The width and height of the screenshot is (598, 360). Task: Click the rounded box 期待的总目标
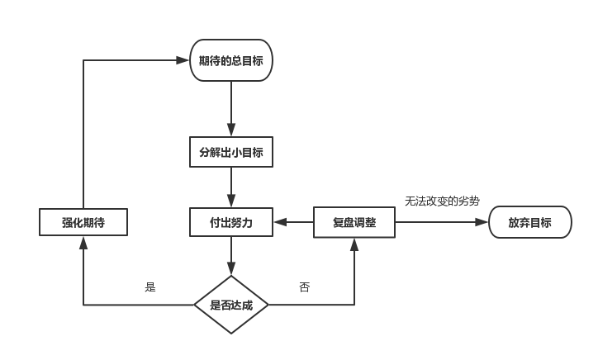click(x=231, y=60)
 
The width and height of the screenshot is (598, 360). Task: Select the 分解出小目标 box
click(x=231, y=152)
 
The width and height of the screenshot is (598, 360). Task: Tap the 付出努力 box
click(x=231, y=223)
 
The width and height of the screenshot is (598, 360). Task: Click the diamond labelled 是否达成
click(x=231, y=305)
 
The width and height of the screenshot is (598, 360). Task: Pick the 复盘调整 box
click(x=354, y=223)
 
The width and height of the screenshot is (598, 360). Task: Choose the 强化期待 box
click(x=83, y=223)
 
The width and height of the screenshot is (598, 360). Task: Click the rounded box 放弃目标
click(x=529, y=223)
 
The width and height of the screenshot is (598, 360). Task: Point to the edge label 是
click(x=150, y=287)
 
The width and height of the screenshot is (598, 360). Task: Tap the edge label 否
click(x=305, y=287)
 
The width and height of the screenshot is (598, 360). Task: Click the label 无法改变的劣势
click(x=442, y=201)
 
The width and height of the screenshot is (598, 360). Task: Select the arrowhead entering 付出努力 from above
click(x=231, y=201)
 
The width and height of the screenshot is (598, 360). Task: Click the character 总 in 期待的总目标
click(x=236, y=60)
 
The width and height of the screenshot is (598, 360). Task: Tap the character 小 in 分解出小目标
click(x=236, y=152)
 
